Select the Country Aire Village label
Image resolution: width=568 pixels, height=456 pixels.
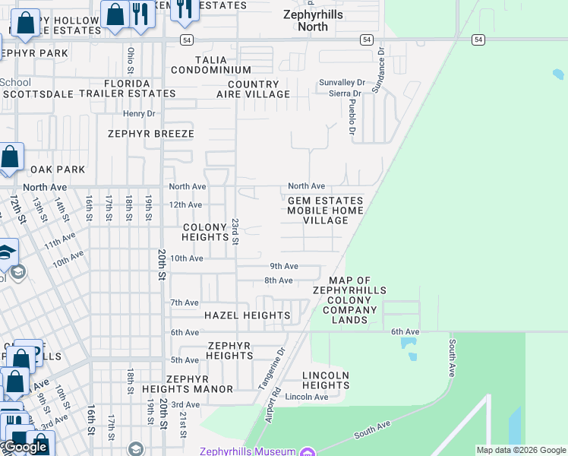(253, 89)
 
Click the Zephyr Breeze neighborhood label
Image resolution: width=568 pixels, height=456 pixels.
(151, 134)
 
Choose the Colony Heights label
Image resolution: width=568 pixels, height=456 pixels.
(205, 232)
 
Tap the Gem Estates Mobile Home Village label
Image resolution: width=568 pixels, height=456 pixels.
(325, 211)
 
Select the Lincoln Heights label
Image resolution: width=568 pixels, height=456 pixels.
(325, 380)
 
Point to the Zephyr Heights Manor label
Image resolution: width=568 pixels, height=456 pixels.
(188, 384)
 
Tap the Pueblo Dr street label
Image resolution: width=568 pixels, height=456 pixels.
(352, 118)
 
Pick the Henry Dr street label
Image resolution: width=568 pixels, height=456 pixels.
(139, 113)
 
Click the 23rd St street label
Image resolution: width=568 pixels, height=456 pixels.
(235, 231)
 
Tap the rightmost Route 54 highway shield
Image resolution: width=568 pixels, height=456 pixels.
(478, 40)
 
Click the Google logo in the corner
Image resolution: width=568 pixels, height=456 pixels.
(25, 447)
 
